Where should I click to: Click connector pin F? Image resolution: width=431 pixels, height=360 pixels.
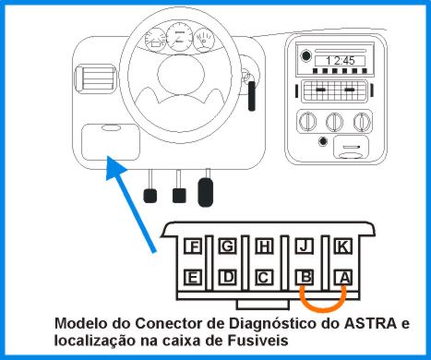click(193, 246)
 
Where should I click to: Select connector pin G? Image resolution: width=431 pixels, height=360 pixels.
click(228, 246)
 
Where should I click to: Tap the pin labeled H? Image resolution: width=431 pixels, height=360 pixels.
click(264, 246)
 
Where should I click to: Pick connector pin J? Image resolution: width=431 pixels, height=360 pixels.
click(304, 246)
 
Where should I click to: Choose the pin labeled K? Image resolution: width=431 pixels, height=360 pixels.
click(343, 246)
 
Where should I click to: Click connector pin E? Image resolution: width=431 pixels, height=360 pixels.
click(193, 277)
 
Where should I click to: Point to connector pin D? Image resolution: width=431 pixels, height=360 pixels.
click(228, 277)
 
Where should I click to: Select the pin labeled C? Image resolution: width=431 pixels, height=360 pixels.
click(264, 277)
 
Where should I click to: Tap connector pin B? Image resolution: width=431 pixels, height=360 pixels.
click(304, 277)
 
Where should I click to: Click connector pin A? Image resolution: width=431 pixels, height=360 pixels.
click(343, 277)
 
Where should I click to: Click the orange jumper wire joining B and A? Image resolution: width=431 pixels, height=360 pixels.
click(323, 309)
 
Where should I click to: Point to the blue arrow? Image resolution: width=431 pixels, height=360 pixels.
click(131, 204)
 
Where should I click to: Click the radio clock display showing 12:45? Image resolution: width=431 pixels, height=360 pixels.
click(340, 61)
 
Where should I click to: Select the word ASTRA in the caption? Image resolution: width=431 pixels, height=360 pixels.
click(370, 323)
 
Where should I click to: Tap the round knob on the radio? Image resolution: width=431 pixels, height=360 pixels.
click(305, 56)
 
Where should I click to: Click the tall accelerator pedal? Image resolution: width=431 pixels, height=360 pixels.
click(206, 192)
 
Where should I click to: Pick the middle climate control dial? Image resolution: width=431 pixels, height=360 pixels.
click(334, 122)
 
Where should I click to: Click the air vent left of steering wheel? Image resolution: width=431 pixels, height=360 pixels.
click(96, 78)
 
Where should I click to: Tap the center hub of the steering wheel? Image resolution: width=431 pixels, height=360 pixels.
click(181, 74)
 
